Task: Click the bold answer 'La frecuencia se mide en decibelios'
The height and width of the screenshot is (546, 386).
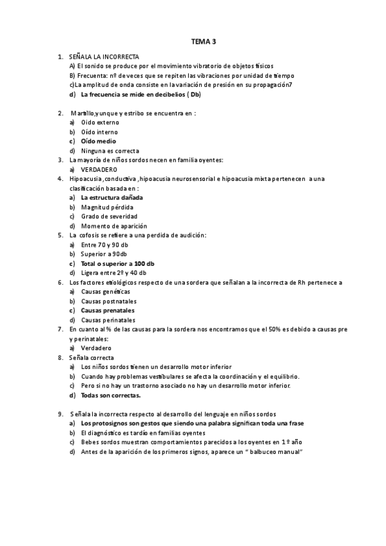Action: (x=140, y=94)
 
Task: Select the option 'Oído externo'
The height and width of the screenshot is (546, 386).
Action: (x=100, y=122)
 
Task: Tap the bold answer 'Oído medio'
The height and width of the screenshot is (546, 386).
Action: (x=98, y=140)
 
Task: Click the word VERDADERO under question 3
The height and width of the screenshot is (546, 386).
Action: (x=99, y=169)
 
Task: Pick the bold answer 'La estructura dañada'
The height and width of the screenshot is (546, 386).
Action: (x=111, y=198)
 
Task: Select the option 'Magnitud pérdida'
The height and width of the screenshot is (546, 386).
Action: (x=107, y=207)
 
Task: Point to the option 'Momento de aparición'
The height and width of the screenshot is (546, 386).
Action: (x=113, y=226)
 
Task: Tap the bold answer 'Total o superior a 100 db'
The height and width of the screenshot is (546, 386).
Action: (x=117, y=263)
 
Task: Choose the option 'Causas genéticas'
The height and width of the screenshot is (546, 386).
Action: (x=105, y=292)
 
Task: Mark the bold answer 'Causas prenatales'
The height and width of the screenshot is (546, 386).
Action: (x=108, y=310)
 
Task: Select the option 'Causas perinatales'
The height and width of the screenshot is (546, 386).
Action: (x=108, y=320)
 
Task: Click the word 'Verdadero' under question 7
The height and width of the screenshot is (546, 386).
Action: (x=96, y=348)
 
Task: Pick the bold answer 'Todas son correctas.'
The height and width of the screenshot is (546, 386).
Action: (x=111, y=395)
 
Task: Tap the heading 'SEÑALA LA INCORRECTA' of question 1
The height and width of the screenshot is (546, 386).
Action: (x=103, y=57)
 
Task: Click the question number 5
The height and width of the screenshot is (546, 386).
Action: (x=60, y=235)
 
